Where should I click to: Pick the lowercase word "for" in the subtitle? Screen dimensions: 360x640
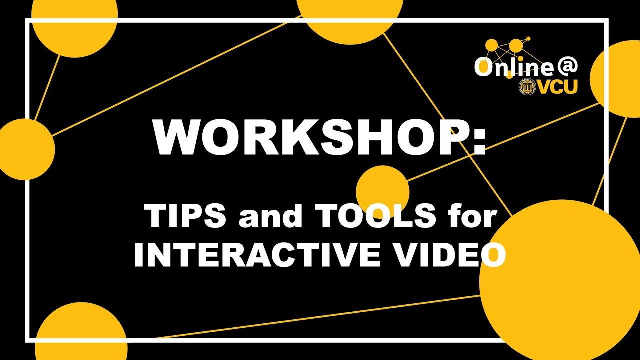(472, 217)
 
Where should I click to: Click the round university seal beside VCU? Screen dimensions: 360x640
(528, 87)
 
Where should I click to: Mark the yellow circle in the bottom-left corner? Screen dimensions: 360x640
(80, 332)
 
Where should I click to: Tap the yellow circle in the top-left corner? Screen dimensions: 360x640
(75, 22)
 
